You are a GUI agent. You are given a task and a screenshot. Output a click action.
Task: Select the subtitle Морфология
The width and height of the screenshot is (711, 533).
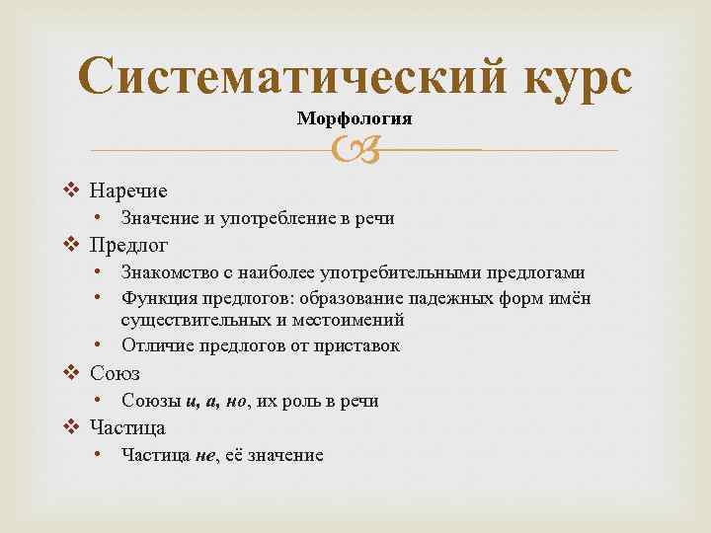[355, 118]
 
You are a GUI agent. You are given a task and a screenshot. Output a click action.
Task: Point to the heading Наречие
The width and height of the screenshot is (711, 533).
[128, 190]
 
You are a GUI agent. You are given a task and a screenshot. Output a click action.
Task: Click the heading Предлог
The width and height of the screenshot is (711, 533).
[129, 244]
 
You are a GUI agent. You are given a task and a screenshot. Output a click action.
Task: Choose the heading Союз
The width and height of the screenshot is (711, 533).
[115, 373]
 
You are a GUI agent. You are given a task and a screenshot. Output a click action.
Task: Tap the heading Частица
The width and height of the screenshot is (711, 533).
[127, 427]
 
